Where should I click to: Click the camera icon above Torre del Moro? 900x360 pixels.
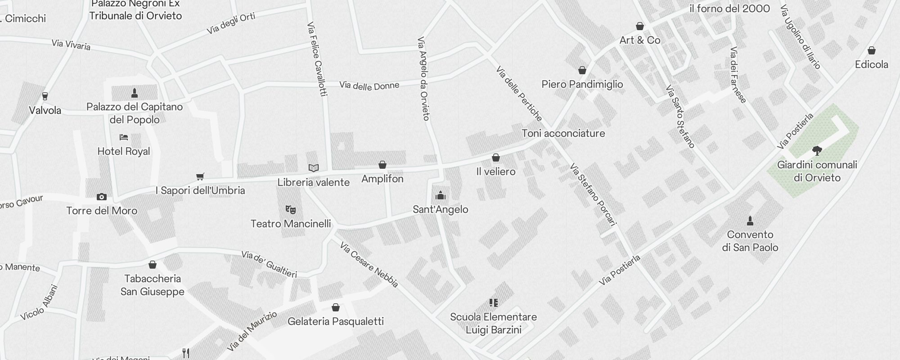point(102,197)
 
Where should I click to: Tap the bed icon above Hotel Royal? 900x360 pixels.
point(124,137)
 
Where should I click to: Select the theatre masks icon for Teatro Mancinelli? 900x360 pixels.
point(291,209)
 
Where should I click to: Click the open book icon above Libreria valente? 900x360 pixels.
point(314,168)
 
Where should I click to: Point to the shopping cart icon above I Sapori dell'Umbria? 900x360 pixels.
point(200,176)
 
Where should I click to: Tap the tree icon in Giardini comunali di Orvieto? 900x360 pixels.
point(817,150)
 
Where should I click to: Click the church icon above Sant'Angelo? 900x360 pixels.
point(441,195)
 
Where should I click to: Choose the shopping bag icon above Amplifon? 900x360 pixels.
point(382,165)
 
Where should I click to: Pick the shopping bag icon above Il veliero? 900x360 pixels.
point(496,157)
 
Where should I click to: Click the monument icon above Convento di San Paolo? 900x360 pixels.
point(750,220)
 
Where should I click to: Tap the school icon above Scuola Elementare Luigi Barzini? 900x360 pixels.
point(494,302)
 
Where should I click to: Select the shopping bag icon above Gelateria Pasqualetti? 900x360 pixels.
point(335,307)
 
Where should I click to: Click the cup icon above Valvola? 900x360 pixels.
point(45,96)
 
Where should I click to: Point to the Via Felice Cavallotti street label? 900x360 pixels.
point(317,59)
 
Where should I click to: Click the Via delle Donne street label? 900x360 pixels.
point(369,85)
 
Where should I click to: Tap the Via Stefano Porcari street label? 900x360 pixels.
point(593,194)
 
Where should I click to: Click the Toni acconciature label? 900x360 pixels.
point(563,133)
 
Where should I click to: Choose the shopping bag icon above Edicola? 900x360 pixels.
point(872,50)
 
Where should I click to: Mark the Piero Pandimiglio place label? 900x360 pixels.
point(582,84)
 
